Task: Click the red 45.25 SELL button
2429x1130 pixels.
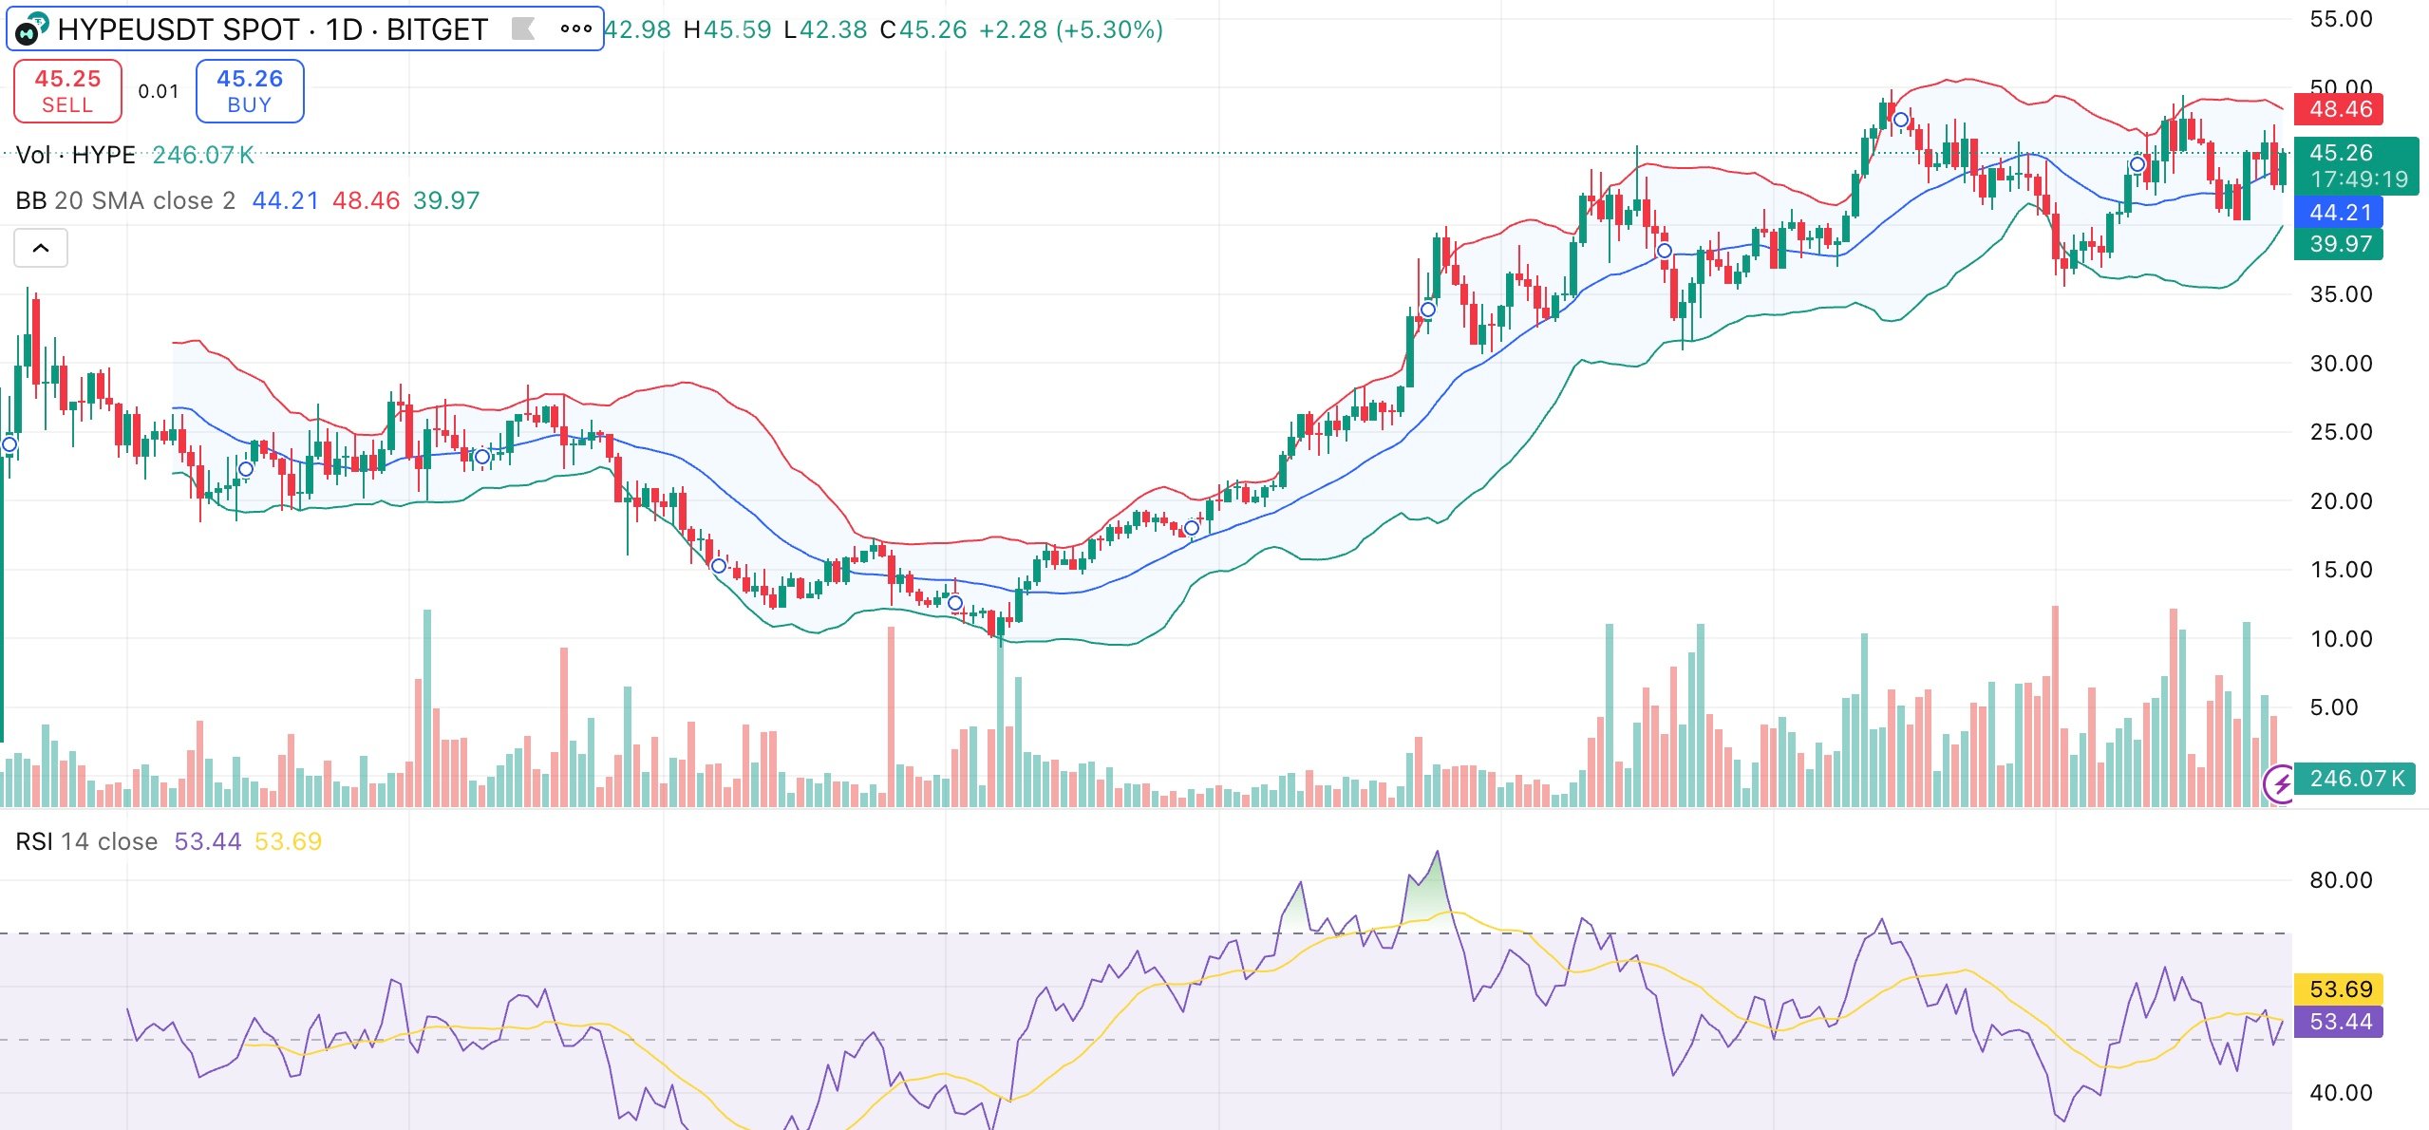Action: point(67,91)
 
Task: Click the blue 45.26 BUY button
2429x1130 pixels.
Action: point(250,91)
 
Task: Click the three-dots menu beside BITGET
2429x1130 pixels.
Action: point(575,28)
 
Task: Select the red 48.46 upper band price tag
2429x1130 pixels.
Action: point(2340,109)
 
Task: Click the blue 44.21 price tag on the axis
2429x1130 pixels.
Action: point(2340,213)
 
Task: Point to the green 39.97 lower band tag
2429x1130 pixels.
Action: point(2340,244)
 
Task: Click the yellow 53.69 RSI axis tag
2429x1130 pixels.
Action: point(2340,989)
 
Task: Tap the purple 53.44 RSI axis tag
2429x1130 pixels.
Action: point(2340,1022)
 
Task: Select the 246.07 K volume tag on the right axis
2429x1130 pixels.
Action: point(2356,779)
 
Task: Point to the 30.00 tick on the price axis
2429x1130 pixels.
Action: point(2341,364)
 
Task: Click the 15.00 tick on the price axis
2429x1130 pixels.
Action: point(2341,570)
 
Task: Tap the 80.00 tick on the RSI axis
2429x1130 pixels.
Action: point(2341,880)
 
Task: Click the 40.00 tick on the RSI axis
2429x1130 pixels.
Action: point(2341,1093)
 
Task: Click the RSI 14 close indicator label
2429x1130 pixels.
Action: point(86,841)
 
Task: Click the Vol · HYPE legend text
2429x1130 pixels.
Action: point(76,155)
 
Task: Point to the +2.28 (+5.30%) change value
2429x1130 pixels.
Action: point(1070,29)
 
